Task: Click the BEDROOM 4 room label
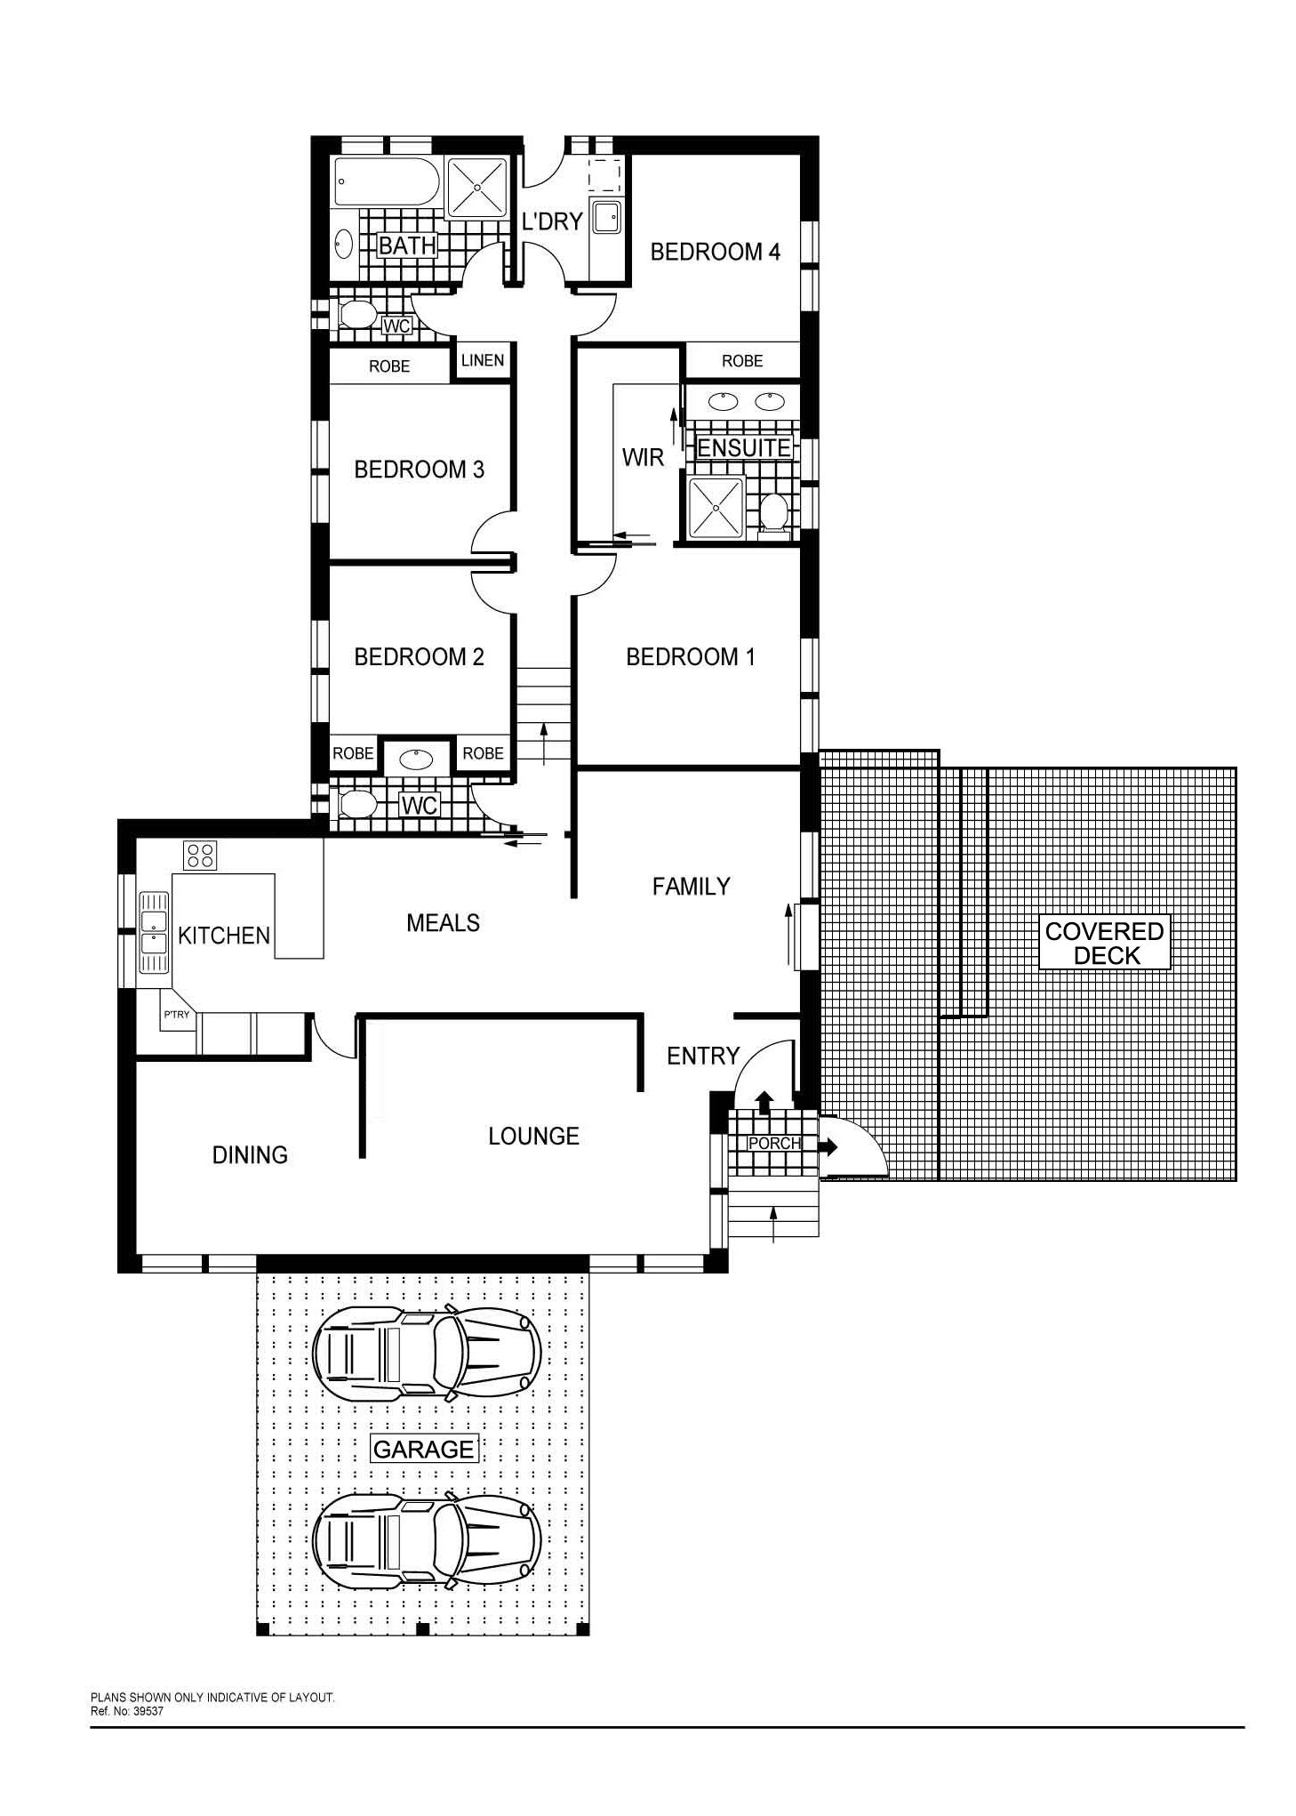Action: (x=715, y=252)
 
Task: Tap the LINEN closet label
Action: (x=483, y=360)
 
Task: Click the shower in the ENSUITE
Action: (x=716, y=508)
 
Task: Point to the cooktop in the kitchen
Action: (x=201, y=856)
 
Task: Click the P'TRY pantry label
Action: (x=176, y=1015)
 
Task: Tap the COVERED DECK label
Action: (x=1105, y=944)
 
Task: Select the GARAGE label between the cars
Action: (x=423, y=1450)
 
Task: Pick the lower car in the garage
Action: (x=427, y=1539)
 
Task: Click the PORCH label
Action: (x=774, y=1143)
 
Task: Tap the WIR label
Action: (x=643, y=458)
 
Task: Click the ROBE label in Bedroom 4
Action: (x=742, y=361)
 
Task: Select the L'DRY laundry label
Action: (x=551, y=221)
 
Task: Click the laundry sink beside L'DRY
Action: (x=607, y=218)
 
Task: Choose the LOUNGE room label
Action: (x=533, y=1136)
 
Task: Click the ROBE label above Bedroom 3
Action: (x=389, y=366)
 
